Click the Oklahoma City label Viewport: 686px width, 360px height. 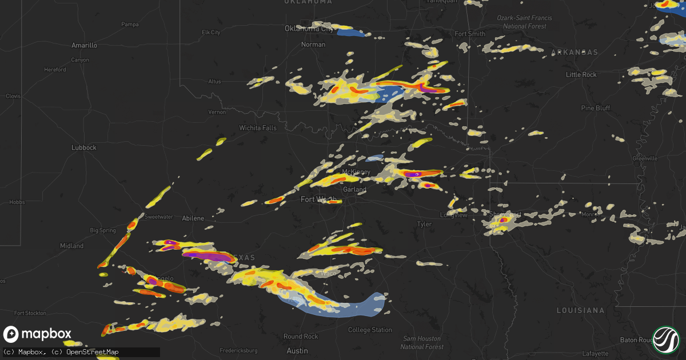[309, 28]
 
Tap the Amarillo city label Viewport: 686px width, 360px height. [84, 45]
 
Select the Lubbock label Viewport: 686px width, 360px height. [83, 147]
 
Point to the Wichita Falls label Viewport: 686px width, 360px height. [258, 128]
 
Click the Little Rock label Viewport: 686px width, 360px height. [581, 75]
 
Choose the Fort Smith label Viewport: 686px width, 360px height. [470, 34]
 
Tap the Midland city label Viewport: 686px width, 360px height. [71, 246]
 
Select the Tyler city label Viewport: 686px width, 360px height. [424, 225]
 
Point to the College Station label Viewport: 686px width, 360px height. [370, 330]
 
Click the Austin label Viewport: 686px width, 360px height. [297, 351]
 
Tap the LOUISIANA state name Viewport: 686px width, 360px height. [580, 310]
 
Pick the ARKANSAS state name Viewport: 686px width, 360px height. [575, 52]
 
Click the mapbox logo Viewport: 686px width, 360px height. [38, 334]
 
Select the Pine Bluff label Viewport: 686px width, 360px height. [595, 108]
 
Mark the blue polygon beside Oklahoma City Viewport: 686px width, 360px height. [350, 33]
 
